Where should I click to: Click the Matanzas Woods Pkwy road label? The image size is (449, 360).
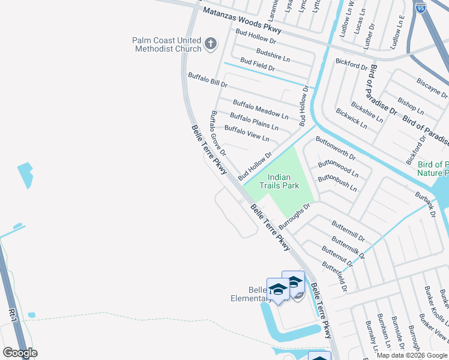[242, 20]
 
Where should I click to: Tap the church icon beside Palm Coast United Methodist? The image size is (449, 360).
[210, 43]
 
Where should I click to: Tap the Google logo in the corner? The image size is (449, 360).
[20, 353]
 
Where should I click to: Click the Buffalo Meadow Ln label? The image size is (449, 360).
[261, 109]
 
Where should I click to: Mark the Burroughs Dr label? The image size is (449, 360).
[298, 214]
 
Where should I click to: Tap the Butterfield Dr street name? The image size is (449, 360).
[334, 276]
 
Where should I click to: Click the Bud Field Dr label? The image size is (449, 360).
[257, 65]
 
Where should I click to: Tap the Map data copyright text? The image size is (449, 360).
[412, 355]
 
